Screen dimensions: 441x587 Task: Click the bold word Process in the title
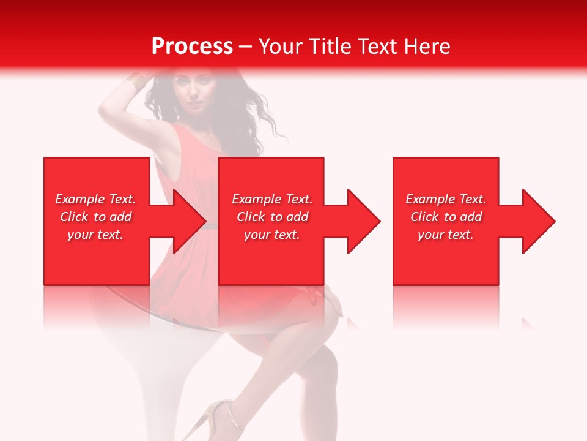click(192, 47)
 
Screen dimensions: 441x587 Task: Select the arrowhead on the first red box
click(186, 221)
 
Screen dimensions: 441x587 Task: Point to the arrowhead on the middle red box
click(361, 221)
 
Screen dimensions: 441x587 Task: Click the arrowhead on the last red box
click(536, 221)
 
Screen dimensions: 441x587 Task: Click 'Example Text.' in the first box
click(95, 199)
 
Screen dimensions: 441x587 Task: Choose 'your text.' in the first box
click(95, 235)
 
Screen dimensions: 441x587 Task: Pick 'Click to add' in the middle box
click(272, 217)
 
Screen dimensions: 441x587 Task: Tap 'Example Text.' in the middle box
click(272, 199)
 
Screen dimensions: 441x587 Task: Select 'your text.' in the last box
click(446, 235)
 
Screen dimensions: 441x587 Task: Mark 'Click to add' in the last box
click(446, 217)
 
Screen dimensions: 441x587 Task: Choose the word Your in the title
click(281, 47)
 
